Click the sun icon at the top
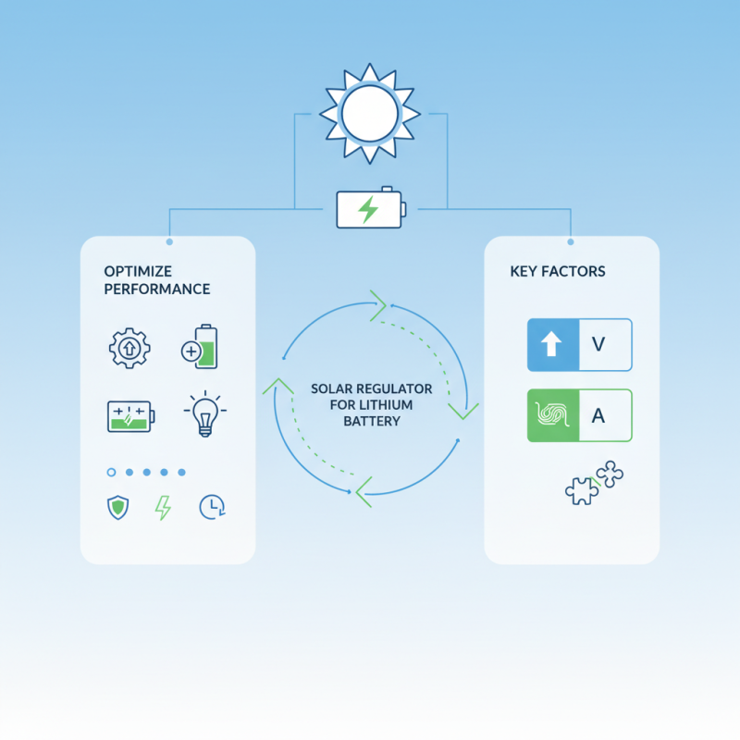pos(369,114)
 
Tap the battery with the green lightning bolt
pos(371,207)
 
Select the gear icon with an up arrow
pos(129,349)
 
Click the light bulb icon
pos(204,413)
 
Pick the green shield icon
pos(118,507)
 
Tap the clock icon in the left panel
pos(213,507)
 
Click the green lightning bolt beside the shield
pos(164,508)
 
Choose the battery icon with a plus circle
pos(200,346)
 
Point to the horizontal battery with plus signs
pos(130,416)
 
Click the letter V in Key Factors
pos(598,344)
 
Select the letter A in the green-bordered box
pos(598,415)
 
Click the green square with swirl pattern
pos(553,415)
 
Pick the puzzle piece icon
pos(594,483)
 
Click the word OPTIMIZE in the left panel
pos(138,271)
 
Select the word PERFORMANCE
pos(157,289)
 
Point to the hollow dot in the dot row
pos(111,472)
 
